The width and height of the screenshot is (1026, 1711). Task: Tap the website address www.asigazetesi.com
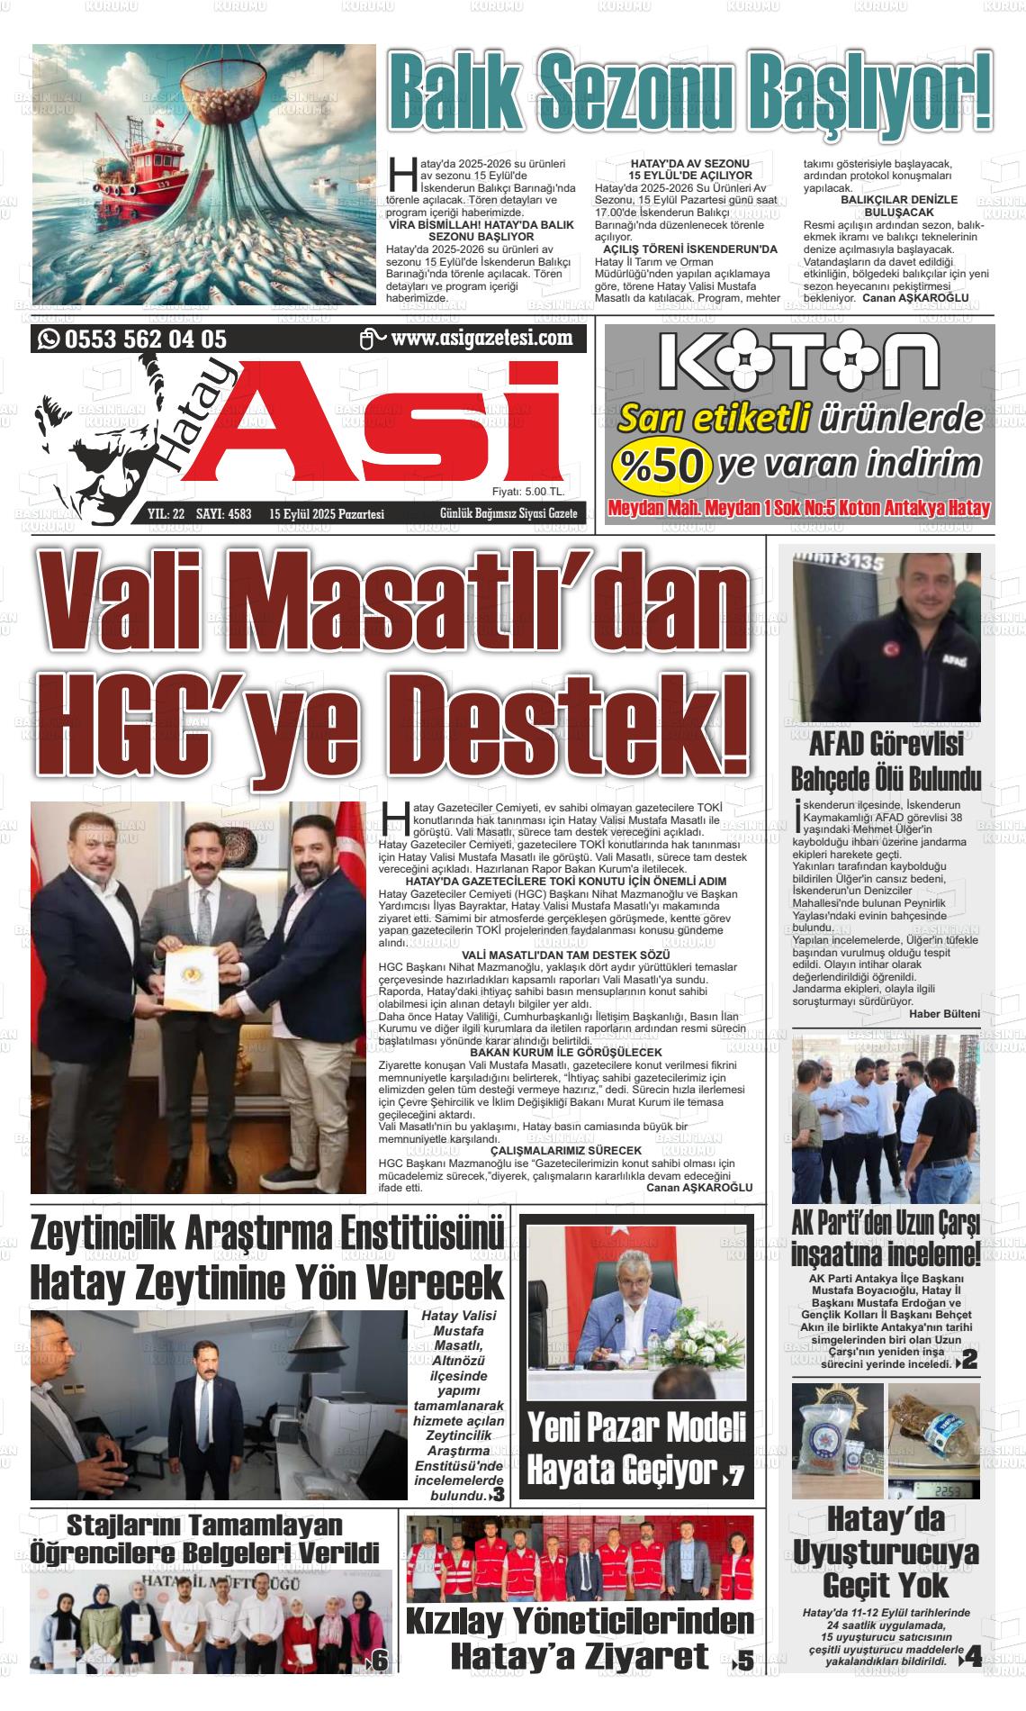[481, 338]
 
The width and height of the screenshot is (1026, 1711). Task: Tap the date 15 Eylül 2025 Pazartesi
[326, 514]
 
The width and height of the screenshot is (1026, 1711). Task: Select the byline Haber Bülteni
[944, 1013]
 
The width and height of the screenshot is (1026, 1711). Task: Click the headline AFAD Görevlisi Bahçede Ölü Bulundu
[886, 762]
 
